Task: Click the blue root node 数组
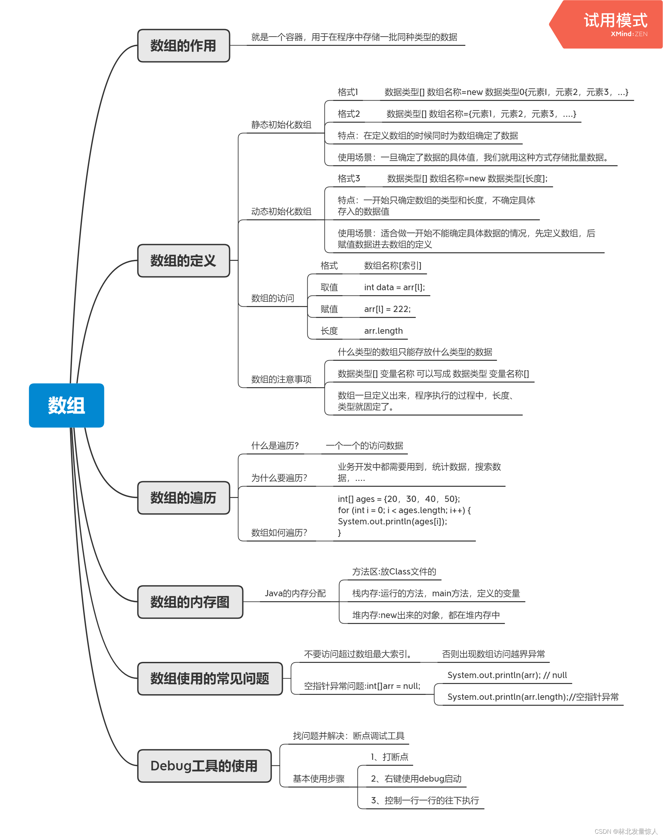pyautogui.click(x=66, y=405)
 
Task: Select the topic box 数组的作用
pyautogui.click(x=183, y=46)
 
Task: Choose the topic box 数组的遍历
pyautogui.click(x=183, y=498)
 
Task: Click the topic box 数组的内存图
pyautogui.click(x=190, y=602)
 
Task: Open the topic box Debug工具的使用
pyautogui.click(x=204, y=766)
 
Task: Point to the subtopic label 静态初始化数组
pyautogui.click(x=281, y=125)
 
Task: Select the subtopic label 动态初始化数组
pyautogui.click(x=281, y=211)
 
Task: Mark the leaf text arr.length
pyautogui.click(x=383, y=331)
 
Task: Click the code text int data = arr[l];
pyautogui.click(x=394, y=288)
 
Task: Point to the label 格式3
pyautogui.click(x=348, y=178)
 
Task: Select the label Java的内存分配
pyautogui.click(x=295, y=593)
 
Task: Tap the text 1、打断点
pyautogui.click(x=389, y=757)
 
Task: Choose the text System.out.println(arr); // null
pyautogui.click(x=507, y=675)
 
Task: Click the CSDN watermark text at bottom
pyautogui.click(x=626, y=831)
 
